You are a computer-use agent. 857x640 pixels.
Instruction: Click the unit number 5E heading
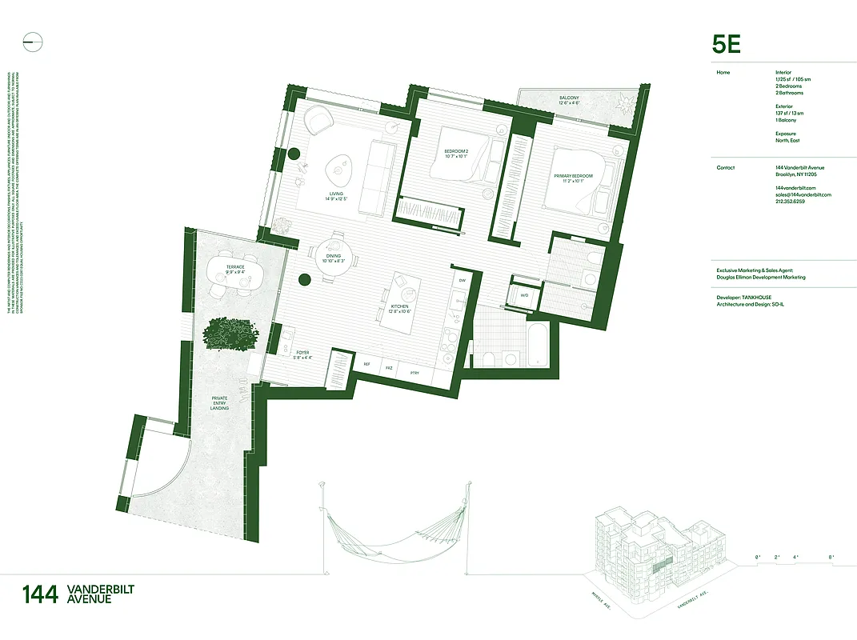[727, 44]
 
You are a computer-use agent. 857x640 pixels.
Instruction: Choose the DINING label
[333, 255]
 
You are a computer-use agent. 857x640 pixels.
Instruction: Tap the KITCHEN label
[400, 306]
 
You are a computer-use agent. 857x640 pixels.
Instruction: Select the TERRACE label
[234, 266]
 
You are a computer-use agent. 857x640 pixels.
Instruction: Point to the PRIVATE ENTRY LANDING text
[219, 402]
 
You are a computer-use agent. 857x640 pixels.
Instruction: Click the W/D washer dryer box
[524, 295]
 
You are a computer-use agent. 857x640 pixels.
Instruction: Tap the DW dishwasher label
[462, 280]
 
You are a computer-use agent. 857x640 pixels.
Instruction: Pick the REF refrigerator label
[367, 363]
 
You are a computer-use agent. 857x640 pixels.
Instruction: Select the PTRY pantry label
[414, 373]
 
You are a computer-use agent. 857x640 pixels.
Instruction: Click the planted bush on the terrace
[230, 334]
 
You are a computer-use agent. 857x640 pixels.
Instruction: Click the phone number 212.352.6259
[791, 202]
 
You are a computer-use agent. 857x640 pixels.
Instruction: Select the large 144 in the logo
[40, 594]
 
